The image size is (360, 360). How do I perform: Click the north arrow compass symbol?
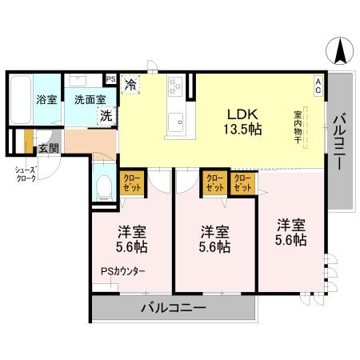(339, 53)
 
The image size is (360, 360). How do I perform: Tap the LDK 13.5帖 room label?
(239, 121)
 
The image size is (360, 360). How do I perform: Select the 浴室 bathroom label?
(46, 100)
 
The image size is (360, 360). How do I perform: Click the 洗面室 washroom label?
(90, 100)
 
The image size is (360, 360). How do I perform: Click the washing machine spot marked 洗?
(106, 115)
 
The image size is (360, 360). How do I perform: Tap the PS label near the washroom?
(110, 78)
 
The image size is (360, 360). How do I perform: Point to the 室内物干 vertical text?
(298, 127)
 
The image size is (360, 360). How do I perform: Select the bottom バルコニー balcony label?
(174, 308)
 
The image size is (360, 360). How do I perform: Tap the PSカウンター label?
(122, 271)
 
